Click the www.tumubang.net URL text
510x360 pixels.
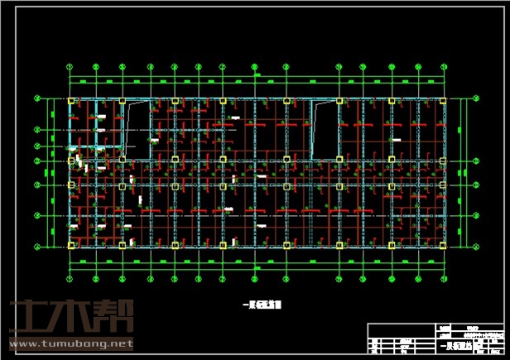coord(70,343)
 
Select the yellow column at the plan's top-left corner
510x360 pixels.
coord(71,101)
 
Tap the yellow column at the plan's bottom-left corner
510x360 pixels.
coord(71,245)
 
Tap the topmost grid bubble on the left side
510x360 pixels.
coord(37,98)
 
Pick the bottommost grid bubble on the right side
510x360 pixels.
coord(477,245)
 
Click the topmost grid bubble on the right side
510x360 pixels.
coord(477,98)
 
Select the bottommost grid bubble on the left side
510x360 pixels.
coord(37,245)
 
